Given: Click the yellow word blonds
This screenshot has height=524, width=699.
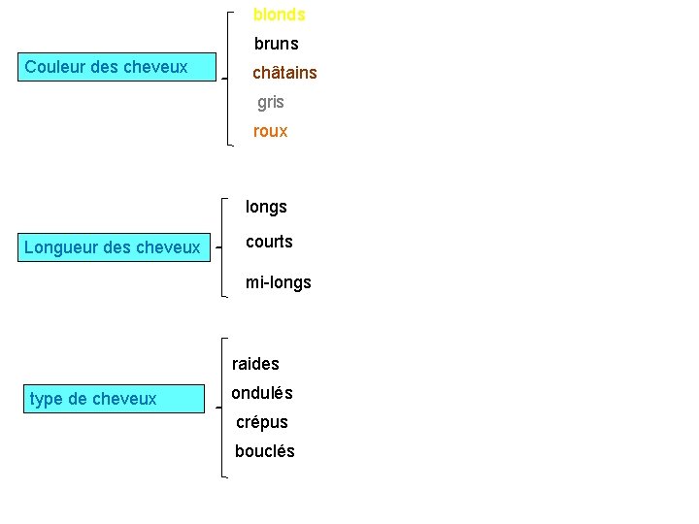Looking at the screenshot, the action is [279, 15].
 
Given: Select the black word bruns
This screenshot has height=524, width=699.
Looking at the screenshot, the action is [277, 44].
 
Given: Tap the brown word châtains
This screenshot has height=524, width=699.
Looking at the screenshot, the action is [284, 72].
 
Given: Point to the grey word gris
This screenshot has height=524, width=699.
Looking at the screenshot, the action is [271, 103].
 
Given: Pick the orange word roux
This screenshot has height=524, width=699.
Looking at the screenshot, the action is [271, 131].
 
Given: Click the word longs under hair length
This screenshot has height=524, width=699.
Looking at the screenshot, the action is [266, 208].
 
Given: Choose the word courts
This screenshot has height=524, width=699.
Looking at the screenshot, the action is [269, 242].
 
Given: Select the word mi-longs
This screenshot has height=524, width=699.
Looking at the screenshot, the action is [279, 283].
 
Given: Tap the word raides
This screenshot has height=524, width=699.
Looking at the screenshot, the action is [255, 364].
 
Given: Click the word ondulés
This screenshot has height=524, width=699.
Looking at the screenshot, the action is [262, 393].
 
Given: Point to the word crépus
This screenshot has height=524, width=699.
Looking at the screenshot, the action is [262, 422].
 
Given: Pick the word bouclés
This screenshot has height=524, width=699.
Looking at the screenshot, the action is [265, 451].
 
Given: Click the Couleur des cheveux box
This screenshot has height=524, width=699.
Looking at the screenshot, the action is [116, 67].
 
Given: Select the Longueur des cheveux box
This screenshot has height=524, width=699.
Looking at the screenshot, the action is [115, 247].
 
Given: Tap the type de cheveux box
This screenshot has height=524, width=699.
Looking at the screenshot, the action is [115, 399].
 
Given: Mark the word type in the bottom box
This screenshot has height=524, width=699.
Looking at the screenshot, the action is [46, 399].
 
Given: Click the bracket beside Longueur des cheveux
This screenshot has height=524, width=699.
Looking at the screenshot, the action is [222, 247].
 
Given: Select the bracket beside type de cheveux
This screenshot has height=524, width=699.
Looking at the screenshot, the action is [222, 408].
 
